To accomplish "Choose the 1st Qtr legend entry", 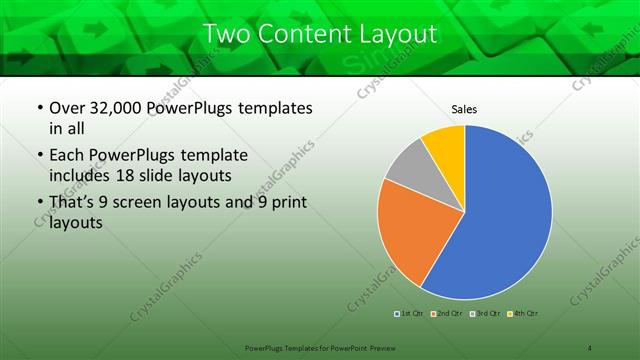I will (410, 314).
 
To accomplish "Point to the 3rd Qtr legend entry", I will (484, 314).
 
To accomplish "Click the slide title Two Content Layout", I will (320, 33).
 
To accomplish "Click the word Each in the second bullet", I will (66, 156).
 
